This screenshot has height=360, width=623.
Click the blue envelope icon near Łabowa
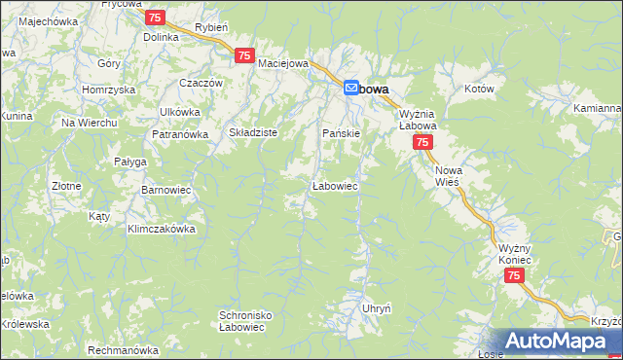(351, 88)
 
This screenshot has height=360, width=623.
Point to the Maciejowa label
(283, 63)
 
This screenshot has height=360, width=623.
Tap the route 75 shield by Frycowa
(155, 18)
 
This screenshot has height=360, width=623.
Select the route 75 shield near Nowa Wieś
(422, 143)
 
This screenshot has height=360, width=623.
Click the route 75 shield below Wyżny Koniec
(515, 277)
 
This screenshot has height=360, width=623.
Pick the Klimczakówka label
(162, 229)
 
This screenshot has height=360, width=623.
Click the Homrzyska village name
(108, 90)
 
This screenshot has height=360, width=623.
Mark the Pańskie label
(342, 132)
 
